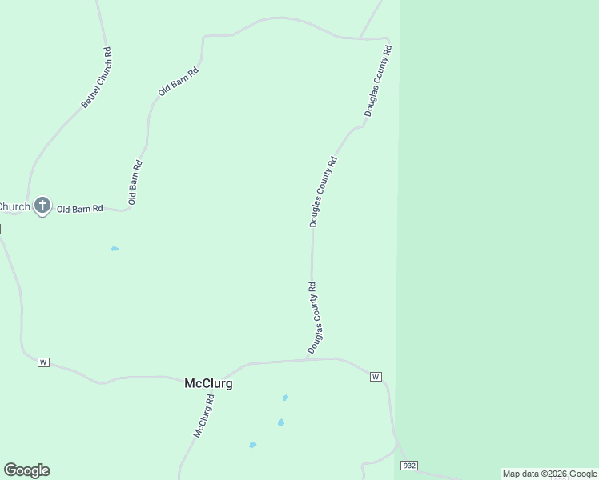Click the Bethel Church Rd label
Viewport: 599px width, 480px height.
tap(97, 78)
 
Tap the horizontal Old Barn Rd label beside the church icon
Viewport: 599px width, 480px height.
tap(80, 209)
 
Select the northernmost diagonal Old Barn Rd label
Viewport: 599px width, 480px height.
tap(178, 82)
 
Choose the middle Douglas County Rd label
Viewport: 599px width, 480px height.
tap(324, 191)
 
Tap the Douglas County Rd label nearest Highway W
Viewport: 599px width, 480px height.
tap(315, 318)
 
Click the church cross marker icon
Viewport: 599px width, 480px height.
tap(42, 206)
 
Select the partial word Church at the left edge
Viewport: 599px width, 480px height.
tap(14, 206)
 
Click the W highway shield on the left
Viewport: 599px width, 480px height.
tap(43, 362)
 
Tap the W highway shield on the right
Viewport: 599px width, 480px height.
tap(376, 377)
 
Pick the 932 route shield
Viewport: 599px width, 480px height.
tap(409, 466)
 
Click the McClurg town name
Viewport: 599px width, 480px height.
tap(208, 383)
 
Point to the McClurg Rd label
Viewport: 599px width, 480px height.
tap(204, 415)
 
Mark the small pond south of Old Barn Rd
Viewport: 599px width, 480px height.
tap(115, 249)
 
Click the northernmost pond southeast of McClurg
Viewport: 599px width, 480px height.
tap(285, 398)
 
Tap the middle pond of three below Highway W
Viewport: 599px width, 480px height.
tap(281, 422)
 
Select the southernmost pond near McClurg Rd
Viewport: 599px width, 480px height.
tap(252, 445)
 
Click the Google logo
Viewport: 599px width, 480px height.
tap(26, 470)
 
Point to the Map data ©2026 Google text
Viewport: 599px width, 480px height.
tap(549, 474)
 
